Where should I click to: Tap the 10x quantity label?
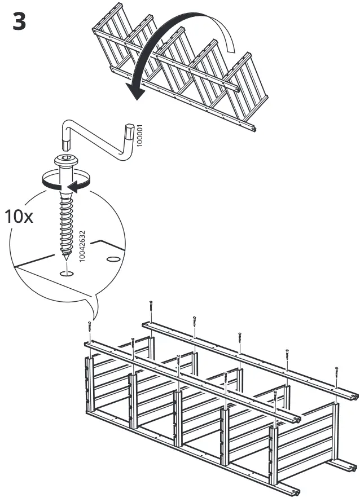pos(19,217)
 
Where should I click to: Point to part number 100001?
pos(140,136)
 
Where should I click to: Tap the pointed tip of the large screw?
pos(68,258)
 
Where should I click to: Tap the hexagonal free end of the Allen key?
pos(130,131)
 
